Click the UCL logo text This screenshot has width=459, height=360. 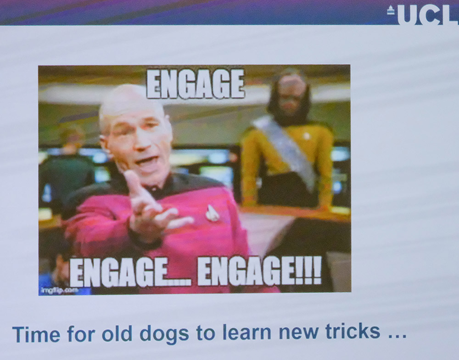tap(428, 15)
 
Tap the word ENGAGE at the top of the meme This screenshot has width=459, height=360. tap(195, 84)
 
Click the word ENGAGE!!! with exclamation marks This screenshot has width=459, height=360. tap(259, 271)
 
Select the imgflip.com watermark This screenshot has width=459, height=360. tap(60, 290)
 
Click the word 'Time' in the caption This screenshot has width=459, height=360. tap(36, 334)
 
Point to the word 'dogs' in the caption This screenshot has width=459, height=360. tap(164, 333)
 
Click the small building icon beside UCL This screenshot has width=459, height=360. tap(391, 10)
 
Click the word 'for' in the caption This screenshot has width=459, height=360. tap(81, 333)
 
